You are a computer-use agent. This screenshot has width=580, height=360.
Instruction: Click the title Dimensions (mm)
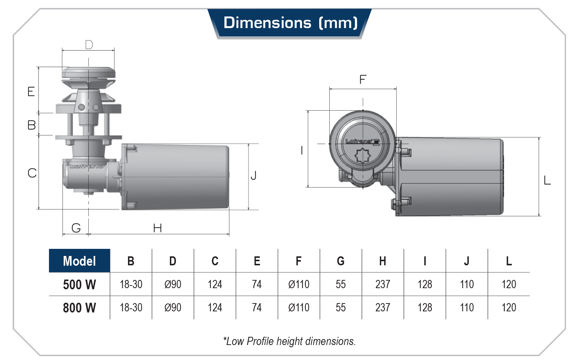290,23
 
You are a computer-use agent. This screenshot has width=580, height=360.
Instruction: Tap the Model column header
79,261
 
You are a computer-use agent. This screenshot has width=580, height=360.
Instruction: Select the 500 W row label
79,284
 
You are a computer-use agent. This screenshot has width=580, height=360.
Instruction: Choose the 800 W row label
79,308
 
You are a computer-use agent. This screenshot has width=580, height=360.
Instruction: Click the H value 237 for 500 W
382,284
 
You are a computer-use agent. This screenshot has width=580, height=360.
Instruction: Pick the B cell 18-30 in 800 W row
131,308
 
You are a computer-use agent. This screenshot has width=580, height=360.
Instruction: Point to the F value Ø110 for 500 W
299,284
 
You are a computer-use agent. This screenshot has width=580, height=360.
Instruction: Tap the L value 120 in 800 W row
509,308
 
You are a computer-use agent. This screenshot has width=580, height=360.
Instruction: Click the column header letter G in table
341,261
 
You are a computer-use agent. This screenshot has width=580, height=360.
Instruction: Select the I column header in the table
425,261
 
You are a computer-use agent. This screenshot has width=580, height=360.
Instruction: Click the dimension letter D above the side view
89,45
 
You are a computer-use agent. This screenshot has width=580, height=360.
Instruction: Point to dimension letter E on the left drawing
31,91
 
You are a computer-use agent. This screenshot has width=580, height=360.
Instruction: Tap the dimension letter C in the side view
32,173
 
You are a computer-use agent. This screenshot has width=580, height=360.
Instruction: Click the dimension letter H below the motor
158,228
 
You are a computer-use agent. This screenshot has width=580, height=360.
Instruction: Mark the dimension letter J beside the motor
254,175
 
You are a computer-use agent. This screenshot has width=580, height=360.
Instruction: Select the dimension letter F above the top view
363,79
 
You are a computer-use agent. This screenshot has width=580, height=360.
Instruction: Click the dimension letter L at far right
547,180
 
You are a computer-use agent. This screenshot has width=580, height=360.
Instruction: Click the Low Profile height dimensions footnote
290,341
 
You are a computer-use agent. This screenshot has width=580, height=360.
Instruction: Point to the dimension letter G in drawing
76,228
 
